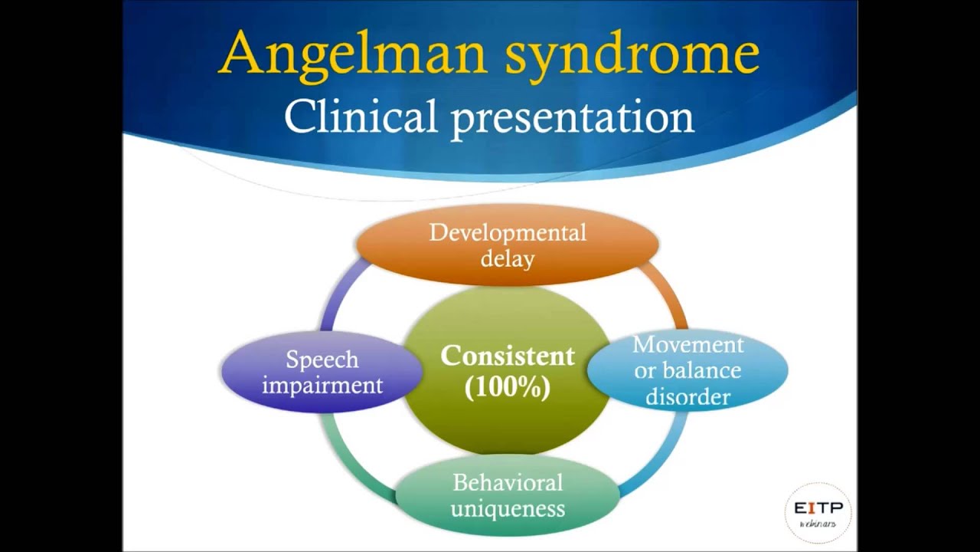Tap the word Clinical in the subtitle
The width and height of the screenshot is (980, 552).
360,117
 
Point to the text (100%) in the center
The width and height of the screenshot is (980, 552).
507,387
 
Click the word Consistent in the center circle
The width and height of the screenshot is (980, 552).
507,356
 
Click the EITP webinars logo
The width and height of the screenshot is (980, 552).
818,511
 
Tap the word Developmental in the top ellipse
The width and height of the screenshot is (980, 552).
507,232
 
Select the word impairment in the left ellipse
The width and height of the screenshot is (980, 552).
322,385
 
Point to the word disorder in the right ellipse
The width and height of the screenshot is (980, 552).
688,396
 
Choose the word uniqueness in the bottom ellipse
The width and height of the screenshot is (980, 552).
507,508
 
